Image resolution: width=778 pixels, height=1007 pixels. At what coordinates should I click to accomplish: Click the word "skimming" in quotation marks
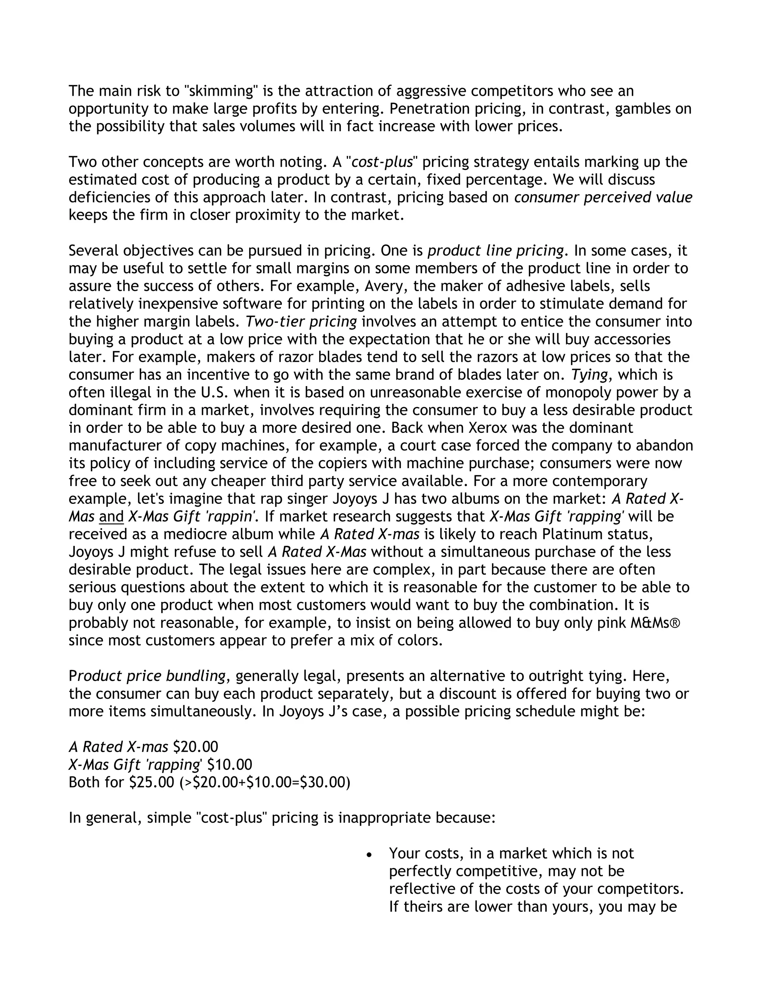[220, 91]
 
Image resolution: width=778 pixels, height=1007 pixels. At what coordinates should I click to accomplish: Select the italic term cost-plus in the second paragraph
[382, 162]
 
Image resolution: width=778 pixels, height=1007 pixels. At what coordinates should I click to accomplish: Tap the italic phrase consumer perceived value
[603, 197]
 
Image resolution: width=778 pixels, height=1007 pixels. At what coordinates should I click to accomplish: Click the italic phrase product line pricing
[495, 251]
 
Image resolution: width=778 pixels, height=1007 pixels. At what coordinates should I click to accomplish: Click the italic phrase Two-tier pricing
[301, 322]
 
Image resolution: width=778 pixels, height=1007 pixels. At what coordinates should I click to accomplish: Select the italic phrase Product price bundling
[147, 676]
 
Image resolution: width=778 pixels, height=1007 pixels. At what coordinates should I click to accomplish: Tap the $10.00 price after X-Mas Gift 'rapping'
[229, 765]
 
